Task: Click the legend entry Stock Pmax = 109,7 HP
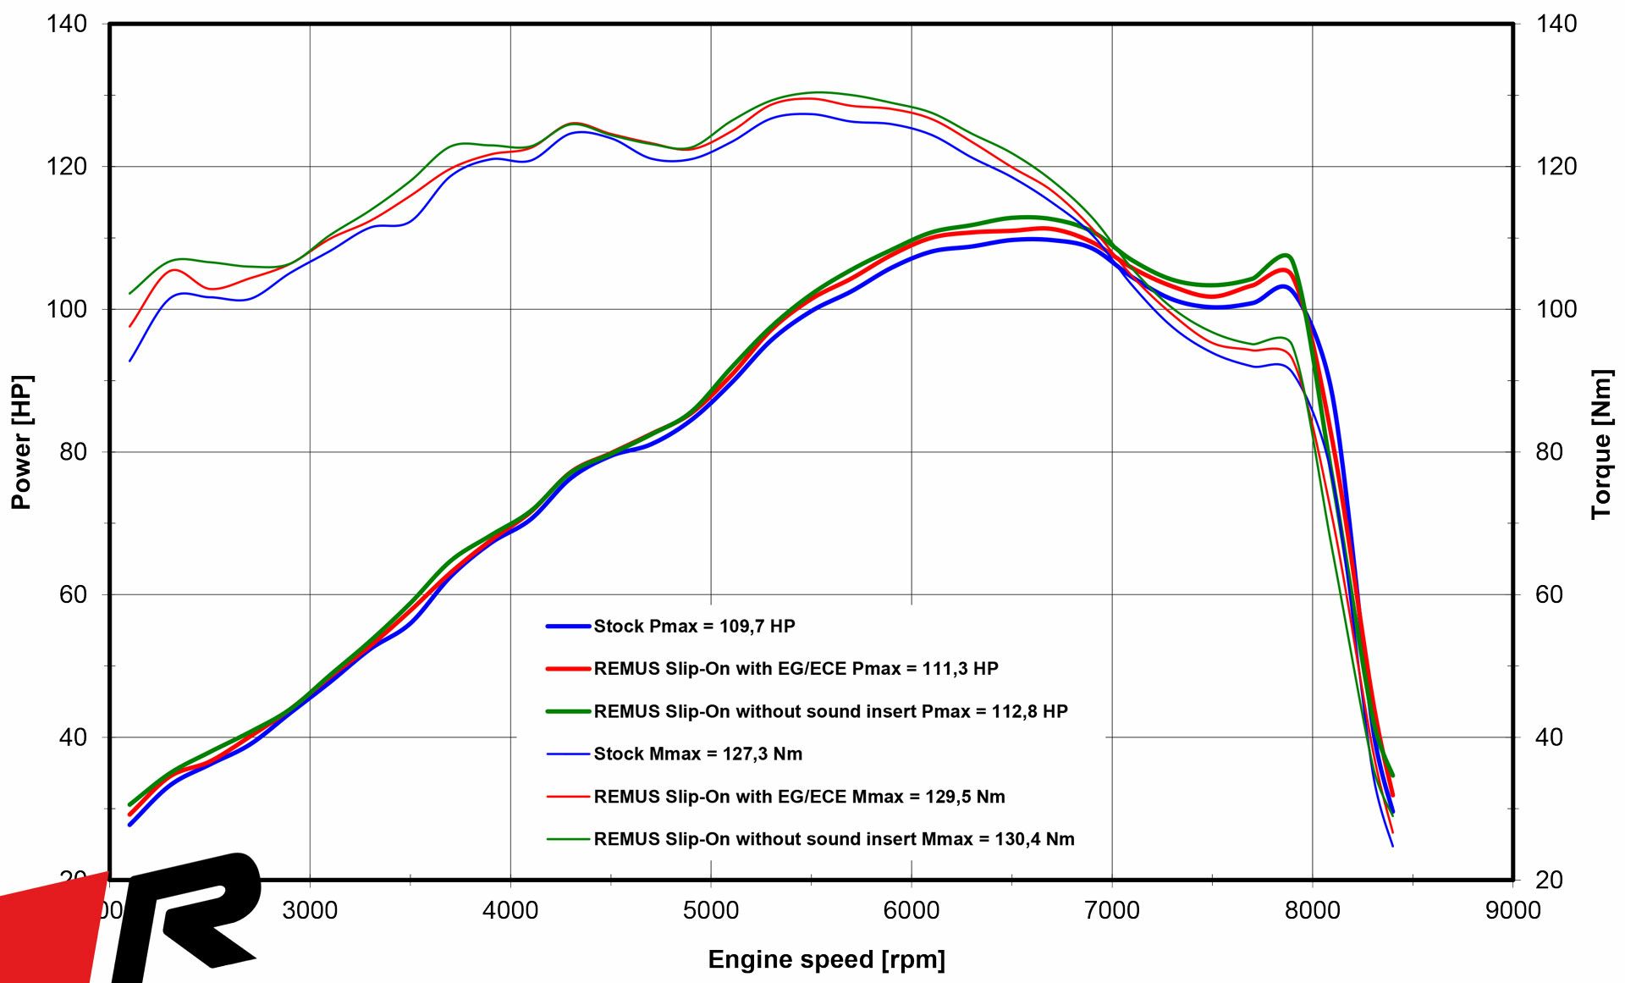point(694,627)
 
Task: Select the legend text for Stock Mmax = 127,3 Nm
point(697,754)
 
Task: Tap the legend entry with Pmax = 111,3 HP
point(796,669)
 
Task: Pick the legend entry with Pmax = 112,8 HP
point(830,711)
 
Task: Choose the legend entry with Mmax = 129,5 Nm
point(799,797)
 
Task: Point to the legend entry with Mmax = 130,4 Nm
point(834,839)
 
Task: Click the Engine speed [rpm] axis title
point(826,959)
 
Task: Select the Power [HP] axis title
point(21,441)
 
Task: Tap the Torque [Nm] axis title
point(1600,444)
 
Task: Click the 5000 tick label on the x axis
point(711,911)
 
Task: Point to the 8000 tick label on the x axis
point(1313,911)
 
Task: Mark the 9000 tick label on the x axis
point(1512,911)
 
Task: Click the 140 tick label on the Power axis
point(68,24)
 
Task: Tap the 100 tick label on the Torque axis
point(1556,309)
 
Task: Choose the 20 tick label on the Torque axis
point(1549,880)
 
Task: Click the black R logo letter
point(190,914)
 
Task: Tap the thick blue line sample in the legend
point(568,627)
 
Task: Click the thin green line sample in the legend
point(568,839)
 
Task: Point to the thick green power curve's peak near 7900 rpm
point(1286,255)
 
